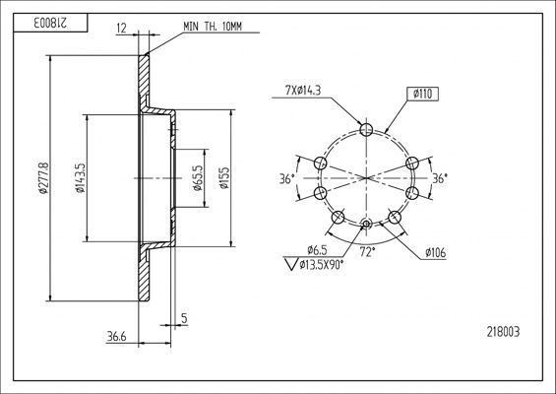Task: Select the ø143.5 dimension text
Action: coord(80,178)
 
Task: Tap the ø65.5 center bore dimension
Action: coord(197,178)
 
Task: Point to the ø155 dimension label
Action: coord(225,178)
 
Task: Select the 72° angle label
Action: coord(366,253)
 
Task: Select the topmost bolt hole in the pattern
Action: coord(366,129)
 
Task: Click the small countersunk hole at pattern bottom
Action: coord(366,225)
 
